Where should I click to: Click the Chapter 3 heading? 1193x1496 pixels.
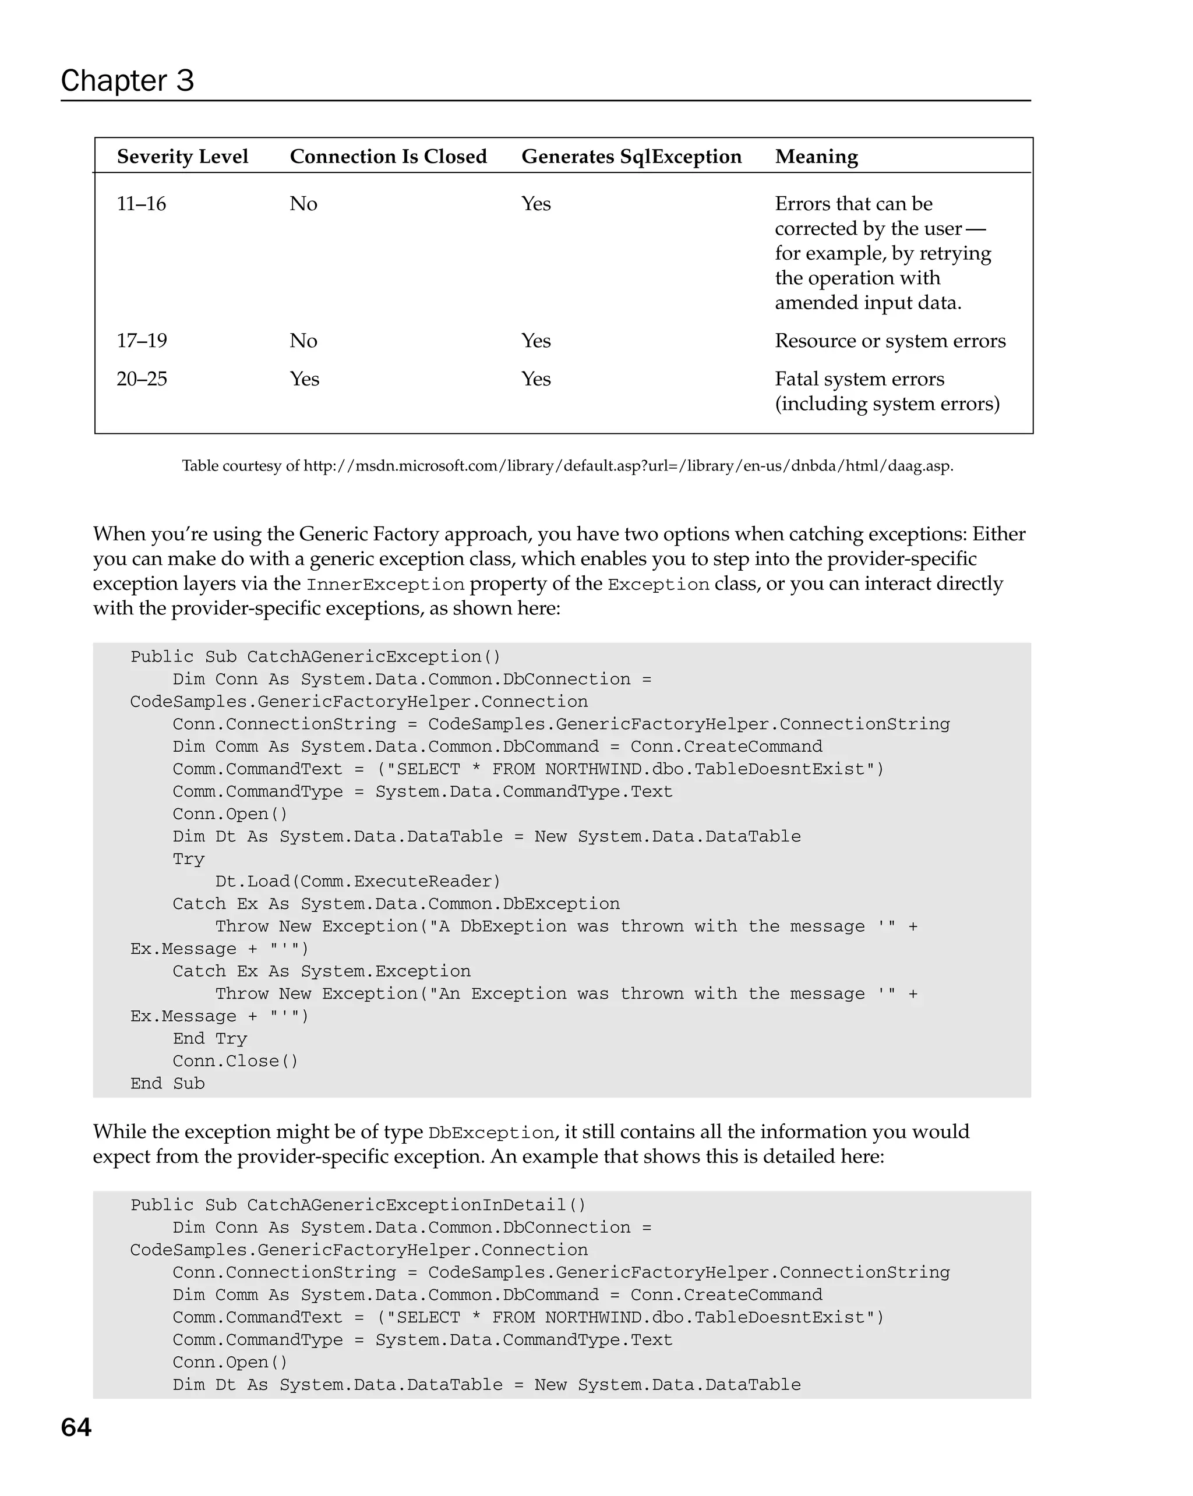pyautogui.click(x=127, y=81)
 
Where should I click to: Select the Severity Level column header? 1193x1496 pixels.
pyautogui.click(x=182, y=156)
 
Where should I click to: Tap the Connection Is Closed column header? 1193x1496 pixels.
pyautogui.click(x=388, y=156)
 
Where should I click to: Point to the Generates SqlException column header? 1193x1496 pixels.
pyautogui.click(x=631, y=156)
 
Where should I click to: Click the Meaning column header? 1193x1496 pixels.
pyautogui.click(x=816, y=156)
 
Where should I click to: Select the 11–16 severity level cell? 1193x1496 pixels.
pyautogui.click(x=141, y=203)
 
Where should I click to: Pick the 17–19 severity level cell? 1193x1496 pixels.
pyautogui.click(x=142, y=341)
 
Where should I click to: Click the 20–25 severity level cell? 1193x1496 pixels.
pyautogui.click(x=142, y=379)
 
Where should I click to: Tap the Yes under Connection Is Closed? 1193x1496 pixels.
pyautogui.click(x=304, y=379)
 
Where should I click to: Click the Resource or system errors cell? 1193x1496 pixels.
pyautogui.click(x=890, y=341)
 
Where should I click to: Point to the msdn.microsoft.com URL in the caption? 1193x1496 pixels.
pyautogui.click(x=628, y=466)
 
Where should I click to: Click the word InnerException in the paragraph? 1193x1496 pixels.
pyautogui.click(x=385, y=584)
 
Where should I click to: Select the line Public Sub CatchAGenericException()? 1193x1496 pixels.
pyautogui.click(x=315, y=656)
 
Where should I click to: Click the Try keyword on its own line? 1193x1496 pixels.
pyautogui.click(x=188, y=859)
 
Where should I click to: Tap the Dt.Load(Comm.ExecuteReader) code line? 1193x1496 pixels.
pyautogui.click(x=358, y=881)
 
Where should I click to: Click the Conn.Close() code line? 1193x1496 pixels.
pyautogui.click(x=235, y=1061)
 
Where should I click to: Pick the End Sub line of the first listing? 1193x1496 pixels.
pyautogui.click(x=167, y=1083)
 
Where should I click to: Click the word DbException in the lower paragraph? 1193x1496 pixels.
pyautogui.click(x=490, y=1133)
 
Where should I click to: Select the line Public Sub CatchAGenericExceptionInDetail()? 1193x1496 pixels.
pyautogui.click(x=358, y=1205)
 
